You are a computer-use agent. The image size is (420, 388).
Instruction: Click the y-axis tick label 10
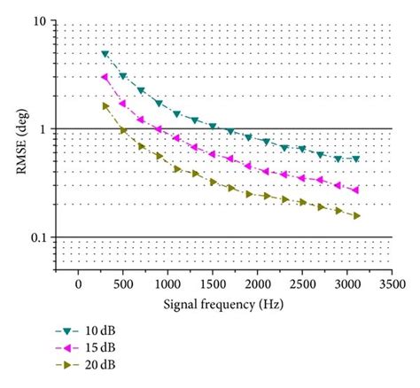tap(39, 21)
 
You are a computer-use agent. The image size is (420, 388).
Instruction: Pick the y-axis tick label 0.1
tap(37, 238)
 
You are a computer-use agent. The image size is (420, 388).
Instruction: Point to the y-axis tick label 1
tap(43, 130)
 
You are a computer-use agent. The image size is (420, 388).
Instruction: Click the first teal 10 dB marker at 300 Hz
tap(105, 54)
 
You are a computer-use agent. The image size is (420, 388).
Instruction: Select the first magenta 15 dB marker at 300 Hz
tap(105, 78)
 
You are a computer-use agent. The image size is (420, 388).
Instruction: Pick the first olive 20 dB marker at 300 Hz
tap(105, 106)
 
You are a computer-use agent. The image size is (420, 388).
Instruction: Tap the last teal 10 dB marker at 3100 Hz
tap(356, 159)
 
